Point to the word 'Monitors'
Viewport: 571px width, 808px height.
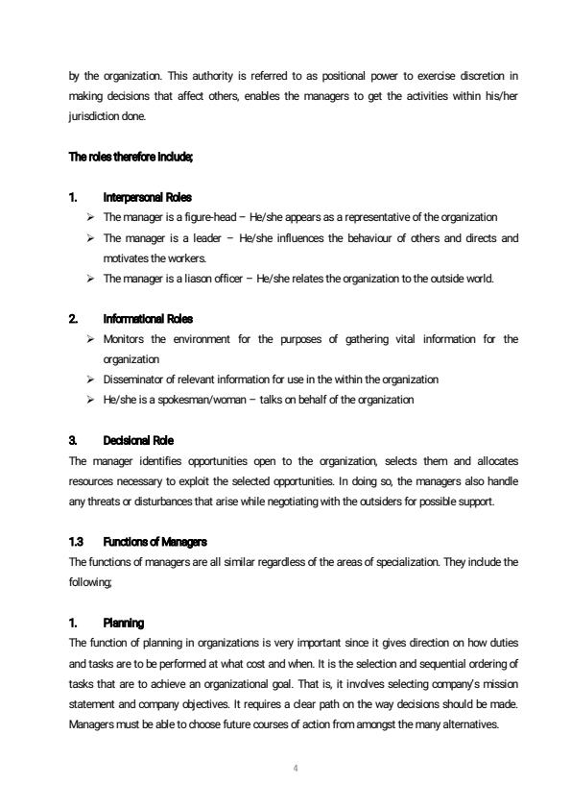pos(123,338)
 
